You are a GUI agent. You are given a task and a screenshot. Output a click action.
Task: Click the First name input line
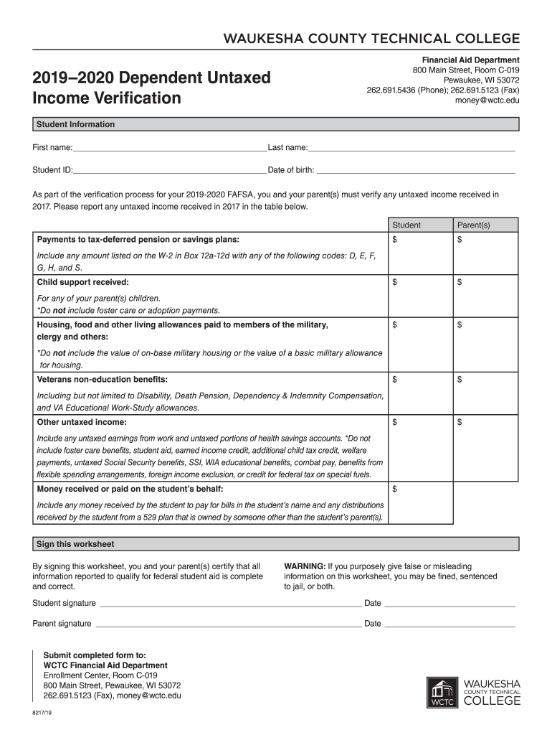coord(169,148)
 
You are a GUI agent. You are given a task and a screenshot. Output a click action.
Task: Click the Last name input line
coord(411,148)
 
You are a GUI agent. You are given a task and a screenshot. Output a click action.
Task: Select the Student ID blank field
coord(170,170)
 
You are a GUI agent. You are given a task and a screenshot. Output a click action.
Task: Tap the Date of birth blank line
coord(416,170)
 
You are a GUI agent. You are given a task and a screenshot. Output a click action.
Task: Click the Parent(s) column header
coord(473,225)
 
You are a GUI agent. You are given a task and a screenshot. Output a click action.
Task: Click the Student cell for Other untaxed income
coord(419,448)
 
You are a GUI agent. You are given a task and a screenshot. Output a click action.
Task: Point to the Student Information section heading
coord(76,125)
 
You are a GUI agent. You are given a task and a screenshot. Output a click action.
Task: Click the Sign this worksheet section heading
coord(75,544)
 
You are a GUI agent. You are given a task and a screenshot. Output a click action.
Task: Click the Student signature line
coord(229,603)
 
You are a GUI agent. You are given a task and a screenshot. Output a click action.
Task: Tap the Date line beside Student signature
coord(449,603)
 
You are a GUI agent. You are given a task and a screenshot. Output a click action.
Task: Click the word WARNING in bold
coord(305,566)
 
